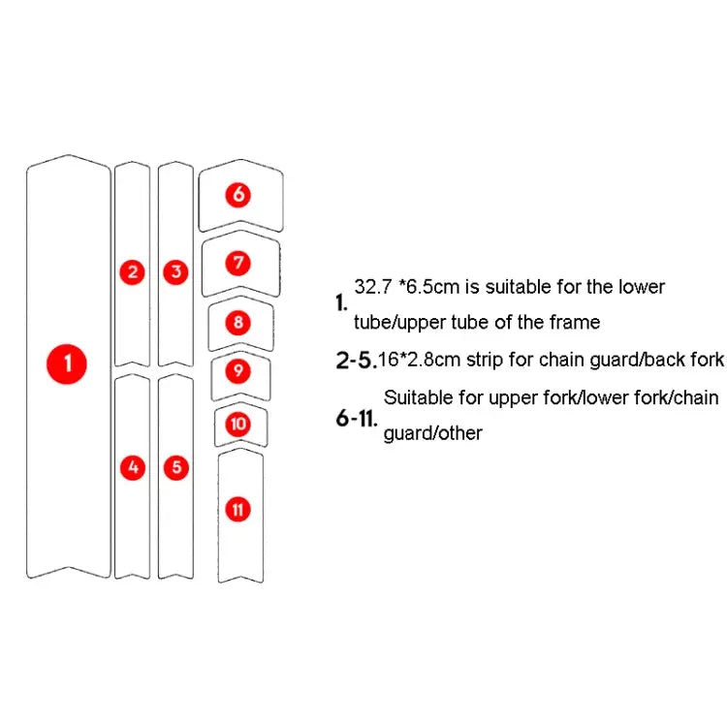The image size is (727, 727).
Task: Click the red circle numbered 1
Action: (x=68, y=364)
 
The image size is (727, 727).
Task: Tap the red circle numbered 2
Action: (x=133, y=272)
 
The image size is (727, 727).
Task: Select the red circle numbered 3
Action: (x=175, y=272)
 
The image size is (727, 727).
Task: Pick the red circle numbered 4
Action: (x=133, y=468)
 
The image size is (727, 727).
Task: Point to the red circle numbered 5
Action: (x=175, y=468)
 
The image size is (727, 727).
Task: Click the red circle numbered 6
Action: (x=239, y=195)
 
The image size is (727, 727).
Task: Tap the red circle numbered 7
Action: (x=239, y=263)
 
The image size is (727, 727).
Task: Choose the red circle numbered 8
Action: (x=239, y=323)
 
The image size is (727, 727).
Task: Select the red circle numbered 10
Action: (x=238, y=424)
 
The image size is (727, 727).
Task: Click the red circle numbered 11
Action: (x=238, y=509)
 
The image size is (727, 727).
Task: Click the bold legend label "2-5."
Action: (x=355, y=362)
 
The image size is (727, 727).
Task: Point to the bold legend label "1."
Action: (x=341, y=303)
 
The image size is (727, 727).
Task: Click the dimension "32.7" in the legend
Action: (x=371, y=288)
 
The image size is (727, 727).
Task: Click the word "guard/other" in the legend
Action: (x=432, y=433)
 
